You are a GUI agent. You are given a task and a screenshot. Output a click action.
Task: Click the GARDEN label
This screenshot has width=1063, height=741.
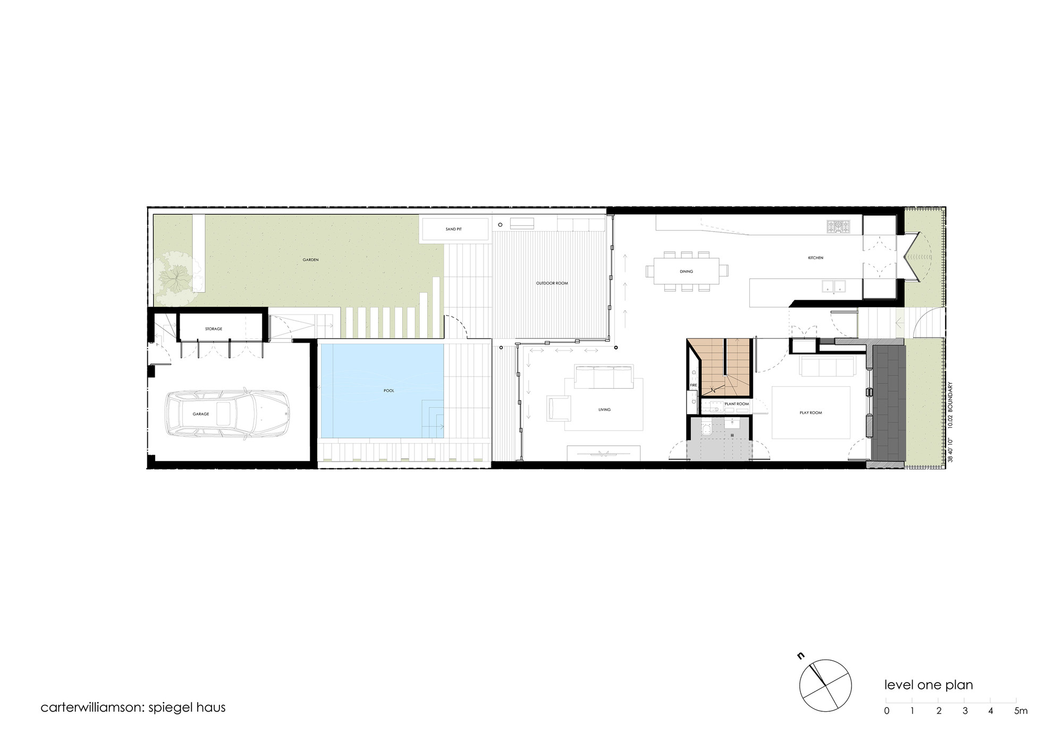point(310,260)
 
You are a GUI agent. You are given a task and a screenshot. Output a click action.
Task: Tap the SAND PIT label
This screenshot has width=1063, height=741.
point(453,229)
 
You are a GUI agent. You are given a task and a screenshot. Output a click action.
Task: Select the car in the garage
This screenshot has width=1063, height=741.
point(226,413)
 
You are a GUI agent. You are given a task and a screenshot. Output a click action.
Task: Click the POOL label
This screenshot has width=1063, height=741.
point(389,391)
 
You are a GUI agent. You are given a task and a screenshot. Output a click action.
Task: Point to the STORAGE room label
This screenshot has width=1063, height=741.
point(214,329)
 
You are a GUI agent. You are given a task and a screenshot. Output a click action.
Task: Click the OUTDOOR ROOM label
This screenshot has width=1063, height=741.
point(552,284)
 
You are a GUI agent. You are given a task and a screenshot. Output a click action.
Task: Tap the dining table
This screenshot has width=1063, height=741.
point(686,271)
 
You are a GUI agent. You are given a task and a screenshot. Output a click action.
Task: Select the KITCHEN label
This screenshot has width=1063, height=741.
point(815,258)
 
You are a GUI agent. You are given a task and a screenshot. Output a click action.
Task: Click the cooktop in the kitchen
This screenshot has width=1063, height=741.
point(838,227)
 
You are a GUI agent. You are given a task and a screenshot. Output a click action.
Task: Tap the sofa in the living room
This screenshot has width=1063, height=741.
point(603,377)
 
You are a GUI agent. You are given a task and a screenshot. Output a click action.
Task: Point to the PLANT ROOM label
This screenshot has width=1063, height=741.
point(736,404)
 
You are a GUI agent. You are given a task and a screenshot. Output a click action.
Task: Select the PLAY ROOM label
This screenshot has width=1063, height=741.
point(811,413)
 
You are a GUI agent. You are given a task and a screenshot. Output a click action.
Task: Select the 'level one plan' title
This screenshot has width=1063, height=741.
point(929,685)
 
